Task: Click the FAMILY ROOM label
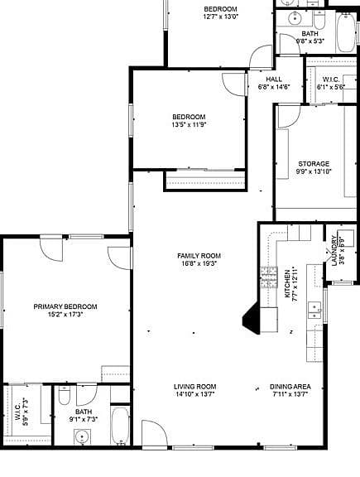click(199, 256)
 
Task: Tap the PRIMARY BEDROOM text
click(65, 306)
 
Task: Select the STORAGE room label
click(314, 164)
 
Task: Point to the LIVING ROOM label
click(195, 387)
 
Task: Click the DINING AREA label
click(290, 387)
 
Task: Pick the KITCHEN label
click(287, 284)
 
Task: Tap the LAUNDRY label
click(334, 251)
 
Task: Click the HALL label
click(274, 79)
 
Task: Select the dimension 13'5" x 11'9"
click(190, 124)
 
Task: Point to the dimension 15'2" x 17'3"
click(65, 314)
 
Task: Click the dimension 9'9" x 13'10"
click(314, 171)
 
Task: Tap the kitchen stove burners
click(269, 277)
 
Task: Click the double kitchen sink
click(314, 311)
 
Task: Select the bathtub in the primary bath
click(119, 426)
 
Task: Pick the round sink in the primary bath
click(82, 437)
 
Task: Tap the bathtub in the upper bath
click(346, 33)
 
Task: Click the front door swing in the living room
click(154, 433)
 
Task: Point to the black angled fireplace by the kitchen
click(251, 319)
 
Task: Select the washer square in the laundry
click(346, 238)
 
